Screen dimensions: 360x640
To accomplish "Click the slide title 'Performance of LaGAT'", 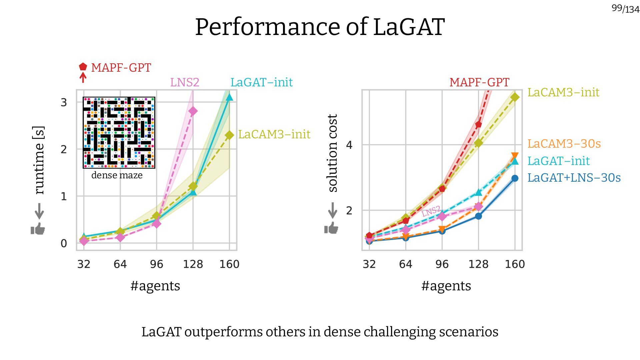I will (320, 27).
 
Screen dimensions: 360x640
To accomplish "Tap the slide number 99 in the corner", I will (617, 8).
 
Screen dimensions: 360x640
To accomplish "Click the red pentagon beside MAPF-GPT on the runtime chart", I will (83, 67).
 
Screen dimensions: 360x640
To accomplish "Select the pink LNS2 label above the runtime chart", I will (185, 82).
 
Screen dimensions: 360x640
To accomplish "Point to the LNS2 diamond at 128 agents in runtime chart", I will (193, 111).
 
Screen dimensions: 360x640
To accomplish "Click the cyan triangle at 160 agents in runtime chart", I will (229, 97).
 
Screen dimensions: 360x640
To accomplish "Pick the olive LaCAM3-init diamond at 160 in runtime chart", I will (229, 135).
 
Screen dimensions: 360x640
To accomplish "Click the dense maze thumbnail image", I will (119, 133).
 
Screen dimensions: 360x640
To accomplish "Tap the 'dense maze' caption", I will (117, 175).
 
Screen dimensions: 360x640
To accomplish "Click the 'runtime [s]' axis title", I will (39, 160).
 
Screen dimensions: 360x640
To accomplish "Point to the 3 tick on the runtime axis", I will (64, 102).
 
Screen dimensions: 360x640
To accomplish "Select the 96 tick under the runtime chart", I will (156, 264).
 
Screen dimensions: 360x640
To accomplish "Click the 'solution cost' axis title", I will (332, 153).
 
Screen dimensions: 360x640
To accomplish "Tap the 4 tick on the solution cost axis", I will (349, 145).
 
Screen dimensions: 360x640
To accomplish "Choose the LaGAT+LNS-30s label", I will (574, 178).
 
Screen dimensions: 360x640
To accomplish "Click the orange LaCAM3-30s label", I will (564, 144).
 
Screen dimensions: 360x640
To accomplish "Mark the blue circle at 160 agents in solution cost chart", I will (515, 178).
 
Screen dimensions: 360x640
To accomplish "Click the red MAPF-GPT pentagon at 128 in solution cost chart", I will (478, 125).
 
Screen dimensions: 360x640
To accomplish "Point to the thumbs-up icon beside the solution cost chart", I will (331, 228).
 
